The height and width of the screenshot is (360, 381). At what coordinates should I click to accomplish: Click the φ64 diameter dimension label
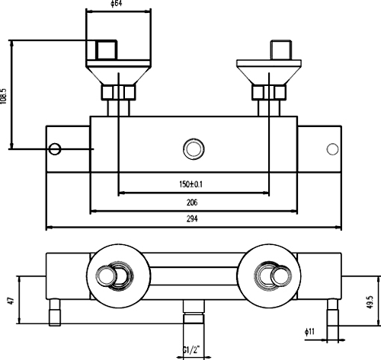tap(117, 4)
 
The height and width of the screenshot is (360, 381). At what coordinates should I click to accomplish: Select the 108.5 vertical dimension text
tap(3, 96)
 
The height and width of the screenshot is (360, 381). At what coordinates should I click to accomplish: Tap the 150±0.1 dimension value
tap(191, 184)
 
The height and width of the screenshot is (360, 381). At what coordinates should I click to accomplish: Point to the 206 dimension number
tap(192, 202)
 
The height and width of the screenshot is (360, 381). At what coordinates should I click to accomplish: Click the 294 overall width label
tap(192, 218)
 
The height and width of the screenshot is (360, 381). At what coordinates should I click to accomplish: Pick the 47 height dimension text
tap(11, 301)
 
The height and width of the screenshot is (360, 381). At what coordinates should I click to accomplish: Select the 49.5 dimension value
tap(370, 302)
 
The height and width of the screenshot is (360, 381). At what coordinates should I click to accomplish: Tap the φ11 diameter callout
tap(309, 331)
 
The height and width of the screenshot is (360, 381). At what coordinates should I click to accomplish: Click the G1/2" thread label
tap(191, 350)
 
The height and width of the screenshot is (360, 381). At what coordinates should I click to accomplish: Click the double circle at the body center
tap(194, 149)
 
